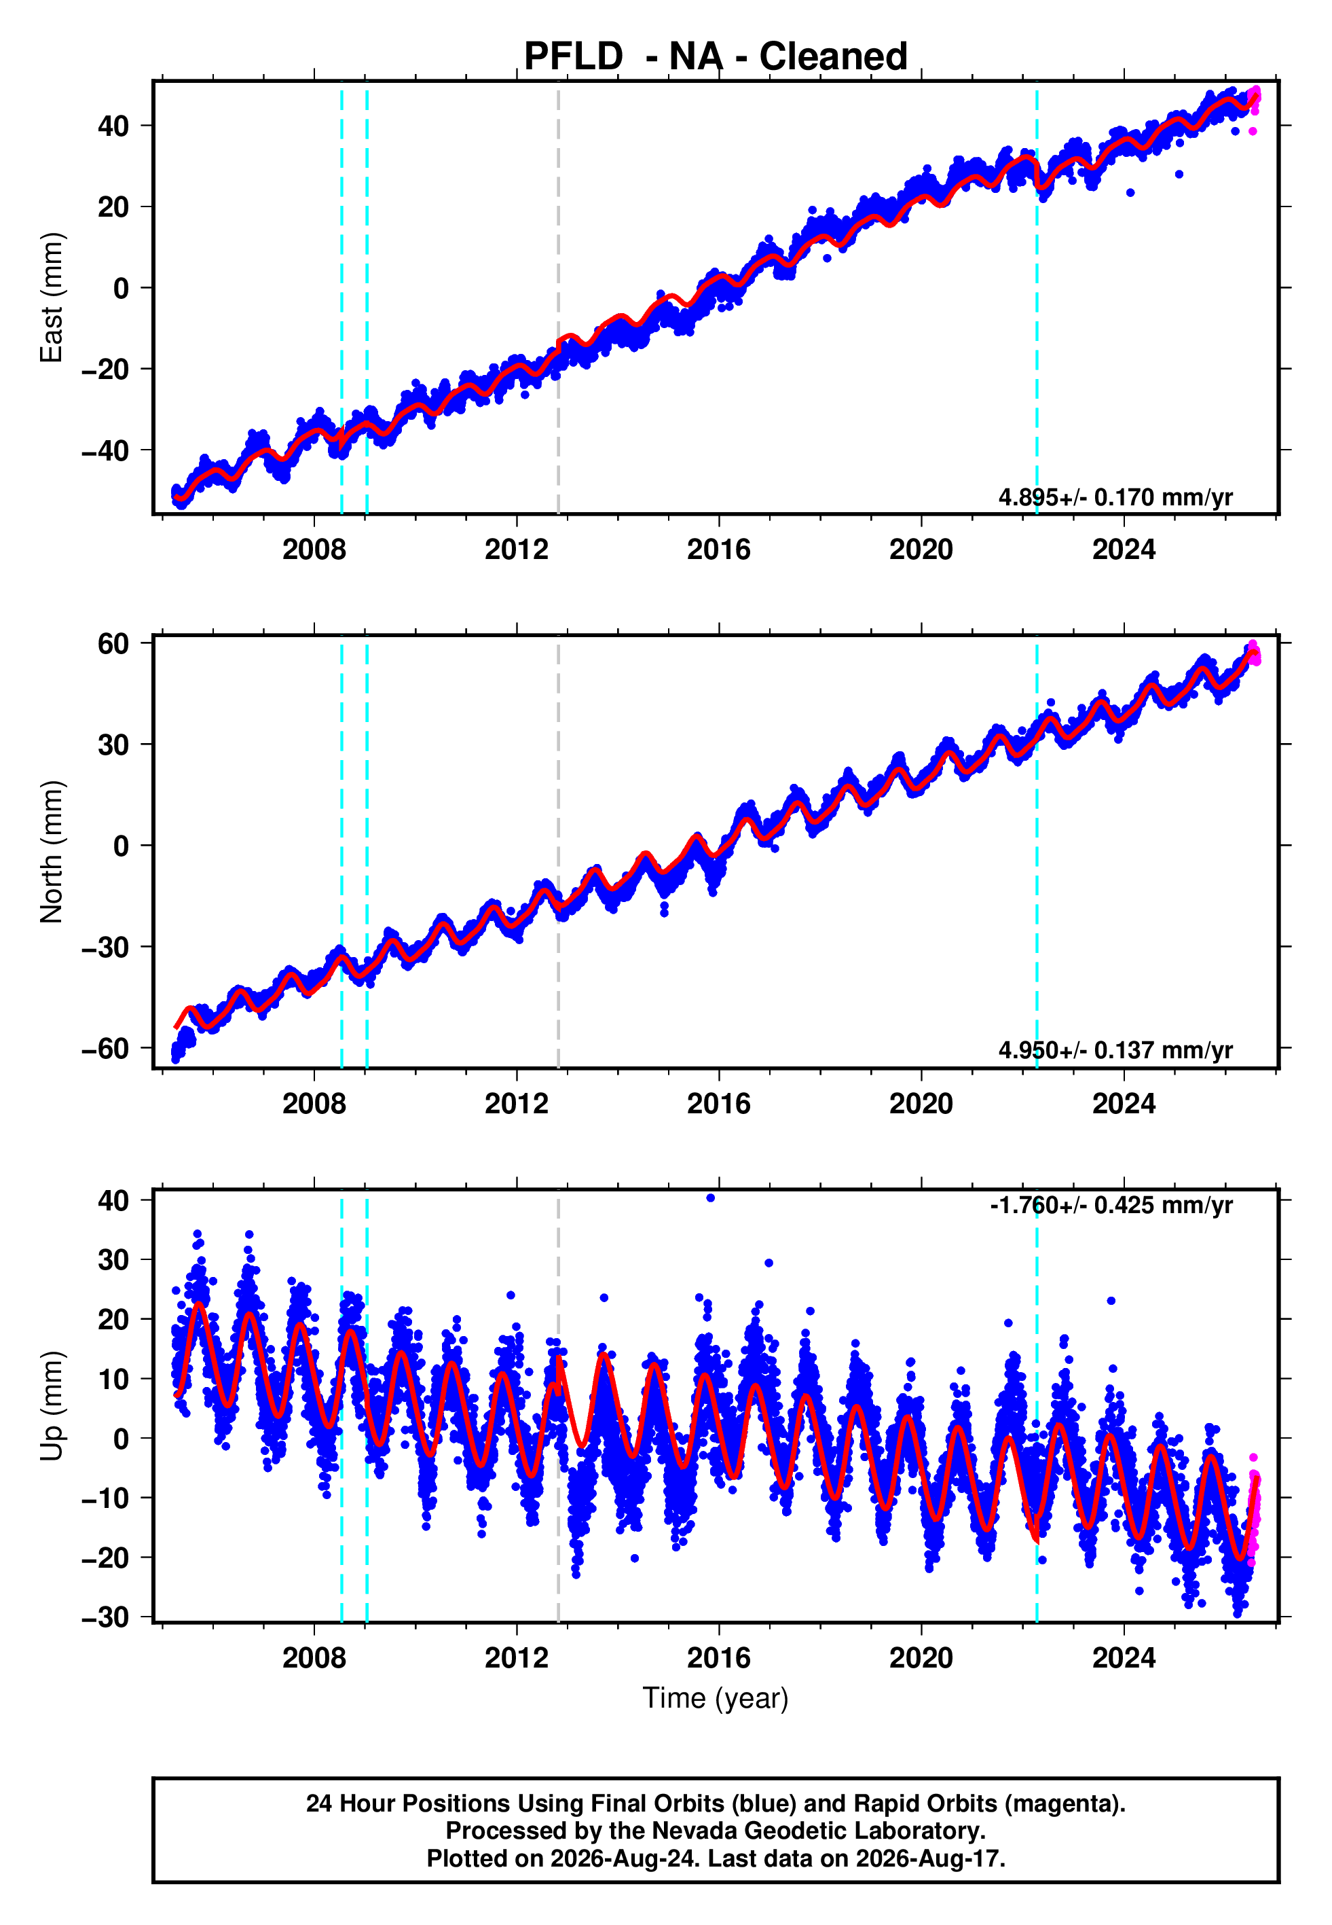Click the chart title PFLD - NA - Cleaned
(716, 57)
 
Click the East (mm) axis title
(52, 298)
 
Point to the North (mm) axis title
(52, 852)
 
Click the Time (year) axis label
(716, 1699)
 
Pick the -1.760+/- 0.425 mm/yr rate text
(1111, 1206)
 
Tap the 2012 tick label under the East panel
(517, 550)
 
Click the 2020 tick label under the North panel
(921, 1104)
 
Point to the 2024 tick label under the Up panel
(1124, 1658)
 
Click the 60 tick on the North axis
(113, 644)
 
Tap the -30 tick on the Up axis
(105, 1618)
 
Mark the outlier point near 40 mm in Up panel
(710, 1198)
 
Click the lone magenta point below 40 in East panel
(1253, 131)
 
